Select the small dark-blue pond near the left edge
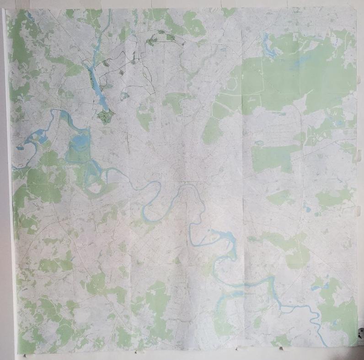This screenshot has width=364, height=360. pos(20,148)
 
